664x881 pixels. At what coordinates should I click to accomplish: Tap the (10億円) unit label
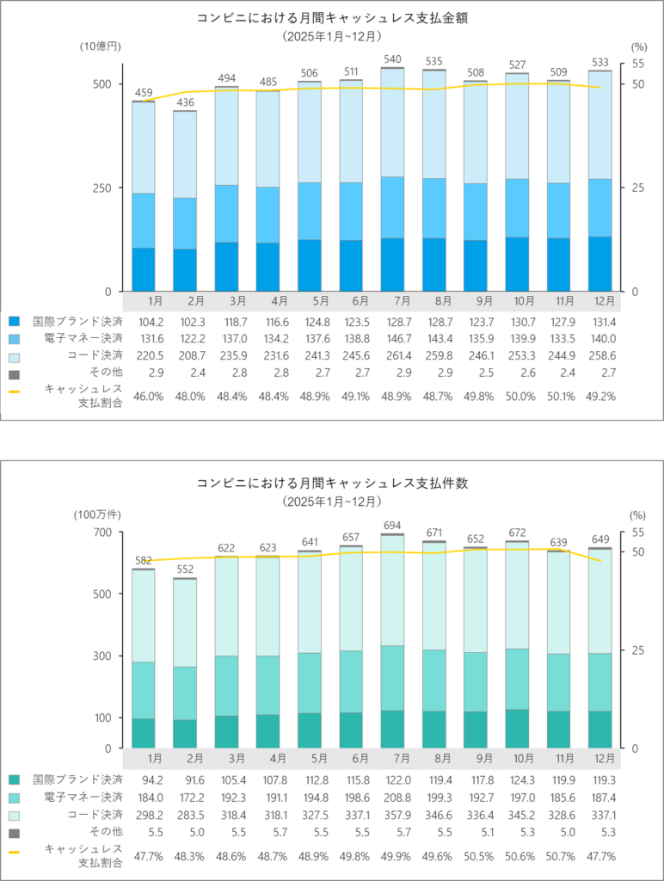98,46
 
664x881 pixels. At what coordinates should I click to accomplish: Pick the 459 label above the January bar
143,92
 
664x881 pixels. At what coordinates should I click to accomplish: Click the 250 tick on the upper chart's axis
101,188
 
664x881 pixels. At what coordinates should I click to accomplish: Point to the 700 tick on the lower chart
101,533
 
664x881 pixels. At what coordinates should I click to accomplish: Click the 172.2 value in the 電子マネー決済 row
195,798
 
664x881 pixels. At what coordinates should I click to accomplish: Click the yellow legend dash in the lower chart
14,850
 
